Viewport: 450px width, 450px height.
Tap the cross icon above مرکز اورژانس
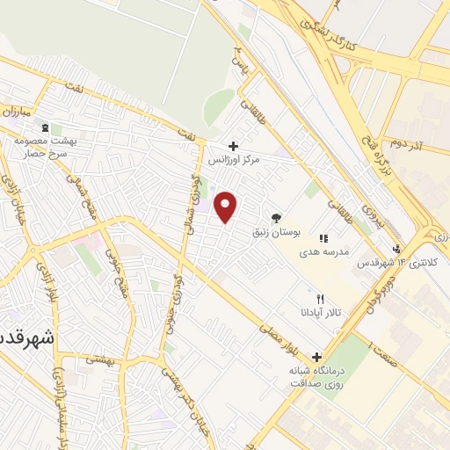pos(232,146)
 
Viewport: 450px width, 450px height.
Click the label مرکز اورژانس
pos(236,162)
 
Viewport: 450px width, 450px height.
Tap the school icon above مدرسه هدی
pos(323,237)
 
